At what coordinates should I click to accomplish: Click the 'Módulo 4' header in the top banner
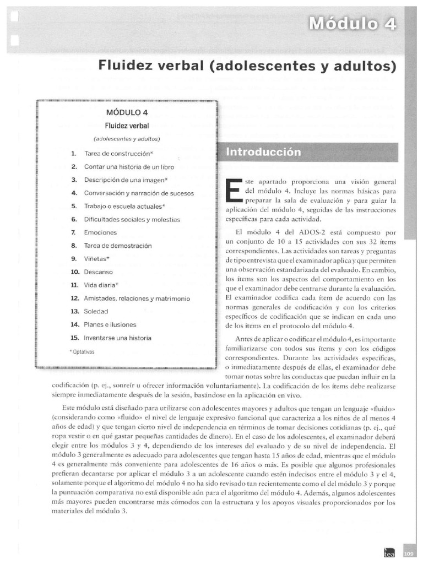click(352, 24)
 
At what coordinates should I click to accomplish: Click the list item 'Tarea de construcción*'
click(118, 153)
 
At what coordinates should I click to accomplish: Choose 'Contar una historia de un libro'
click(130, 166)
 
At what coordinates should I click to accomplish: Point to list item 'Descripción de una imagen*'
click(126, 180)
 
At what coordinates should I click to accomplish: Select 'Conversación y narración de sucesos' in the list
click(139, 193)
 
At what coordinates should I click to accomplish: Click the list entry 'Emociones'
click(100, 232)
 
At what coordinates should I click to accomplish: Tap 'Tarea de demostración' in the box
click(117, 246)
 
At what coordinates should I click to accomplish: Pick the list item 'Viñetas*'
click(97, 259)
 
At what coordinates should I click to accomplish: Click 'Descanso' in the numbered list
click(98, 272)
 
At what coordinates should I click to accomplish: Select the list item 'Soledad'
click(96, 312)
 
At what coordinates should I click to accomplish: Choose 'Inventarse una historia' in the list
click(117, 338)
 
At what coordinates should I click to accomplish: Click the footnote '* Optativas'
click(82, 351)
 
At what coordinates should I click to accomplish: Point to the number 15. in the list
click(75, 338)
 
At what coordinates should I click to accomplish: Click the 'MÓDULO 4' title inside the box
click(127, 112)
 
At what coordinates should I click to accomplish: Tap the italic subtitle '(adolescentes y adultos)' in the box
click(127, 138)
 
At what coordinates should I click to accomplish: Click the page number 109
click(408, 553)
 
